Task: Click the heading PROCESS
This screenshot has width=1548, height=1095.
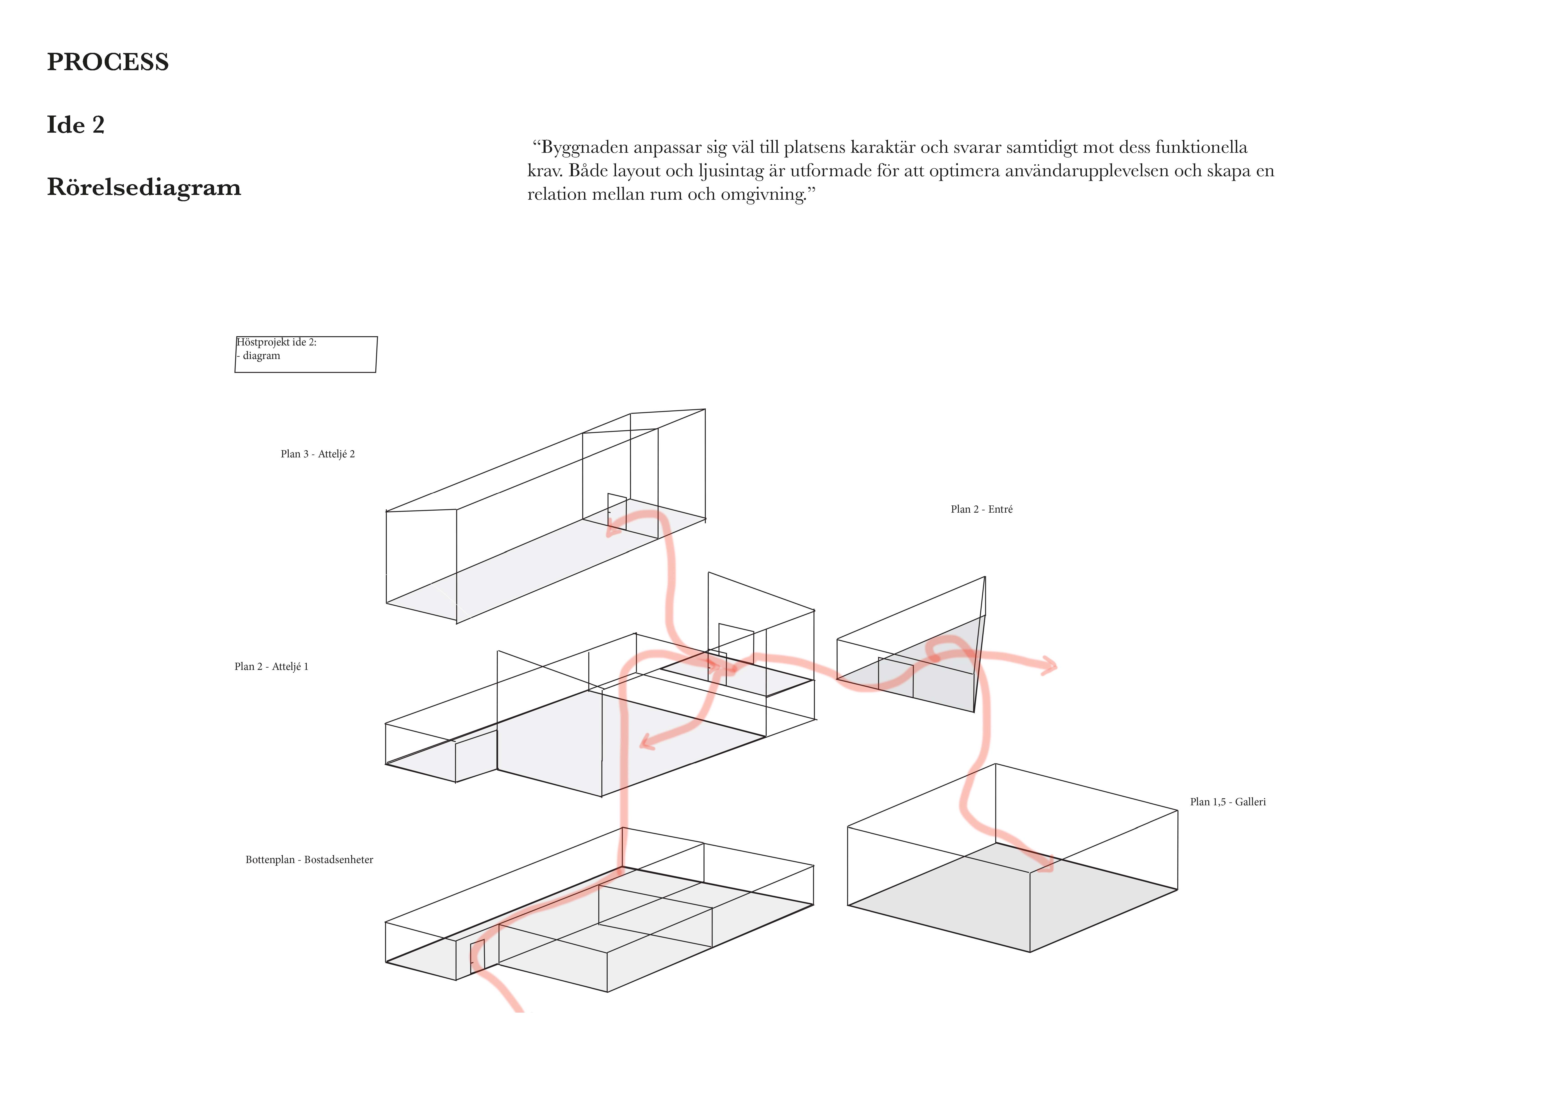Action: click(108, 62)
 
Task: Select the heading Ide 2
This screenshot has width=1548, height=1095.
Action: click(76, 125)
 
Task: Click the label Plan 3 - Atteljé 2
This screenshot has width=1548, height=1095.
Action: click(318, 454)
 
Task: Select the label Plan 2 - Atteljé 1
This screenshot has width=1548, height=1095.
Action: click(271, 666)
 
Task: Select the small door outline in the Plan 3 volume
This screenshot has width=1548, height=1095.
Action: click(617, 512)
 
